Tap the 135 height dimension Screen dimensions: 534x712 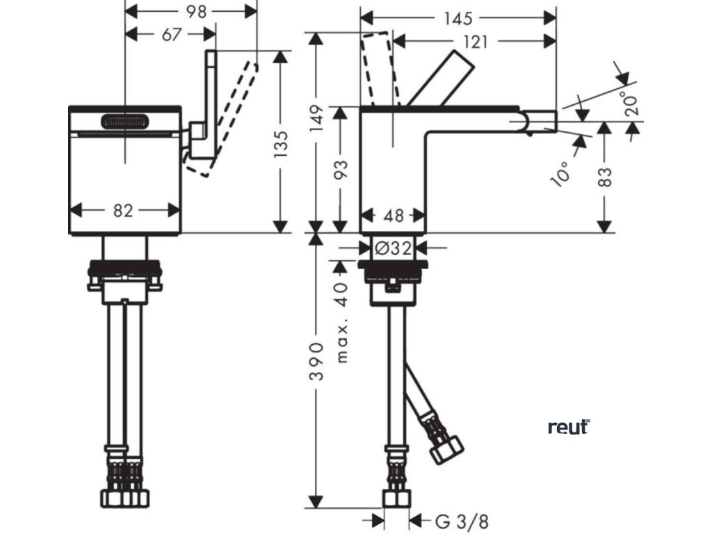(x=280, y=143)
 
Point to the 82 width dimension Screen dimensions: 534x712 (x=123, y=211)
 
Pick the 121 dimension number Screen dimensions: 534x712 (x=474, y=42)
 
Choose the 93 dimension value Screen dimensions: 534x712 (x=341, y=170)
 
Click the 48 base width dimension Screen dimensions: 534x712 (x=394, y=216)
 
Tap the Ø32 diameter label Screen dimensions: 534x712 (x=394, y=246)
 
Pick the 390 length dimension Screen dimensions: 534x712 (x=316, y=361)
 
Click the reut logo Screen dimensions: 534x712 (x=568, y=427)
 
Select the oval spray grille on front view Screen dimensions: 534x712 (x=125, y=121)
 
